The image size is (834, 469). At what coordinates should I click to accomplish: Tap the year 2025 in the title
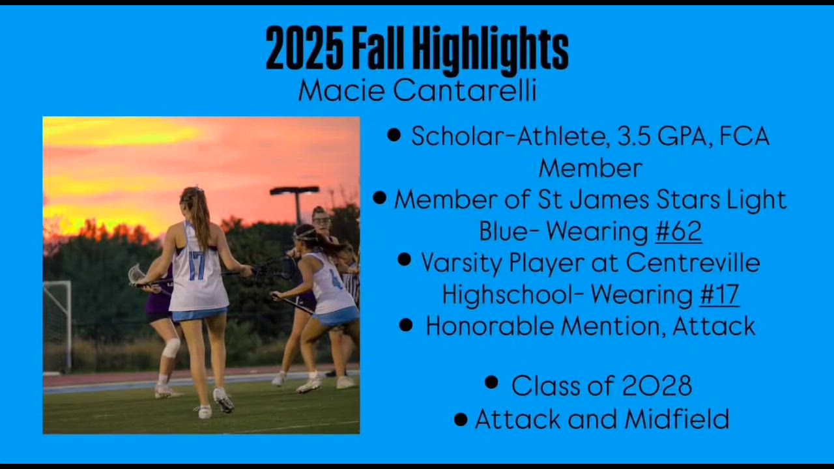304,48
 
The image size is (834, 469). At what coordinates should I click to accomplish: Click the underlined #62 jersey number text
678,231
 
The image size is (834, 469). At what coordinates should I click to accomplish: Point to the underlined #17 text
719,294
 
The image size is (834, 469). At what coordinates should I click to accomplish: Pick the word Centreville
693,263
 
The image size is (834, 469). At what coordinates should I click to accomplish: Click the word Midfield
677,419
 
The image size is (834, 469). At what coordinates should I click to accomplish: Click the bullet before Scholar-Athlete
394,134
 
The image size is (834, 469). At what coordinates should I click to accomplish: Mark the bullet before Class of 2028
491,382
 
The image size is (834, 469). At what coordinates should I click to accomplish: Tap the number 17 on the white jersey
197,265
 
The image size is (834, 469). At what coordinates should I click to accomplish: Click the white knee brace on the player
171,348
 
